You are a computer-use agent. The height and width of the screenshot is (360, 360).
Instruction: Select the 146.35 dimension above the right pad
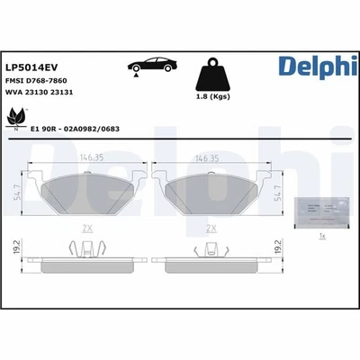tap(207, 157)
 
